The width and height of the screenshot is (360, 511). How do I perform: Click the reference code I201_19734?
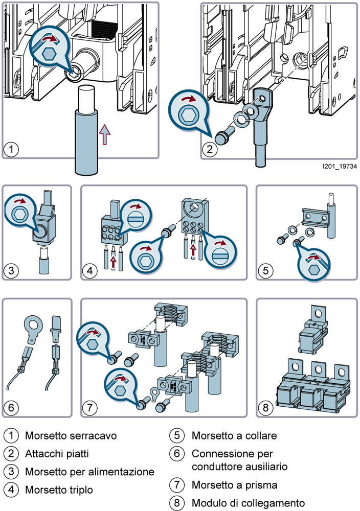coord(340,166)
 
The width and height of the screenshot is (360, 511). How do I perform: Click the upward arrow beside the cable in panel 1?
coord(105,134)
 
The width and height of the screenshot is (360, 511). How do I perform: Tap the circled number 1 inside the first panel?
coord(11,150)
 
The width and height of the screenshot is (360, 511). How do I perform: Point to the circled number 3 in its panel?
coord(11,270)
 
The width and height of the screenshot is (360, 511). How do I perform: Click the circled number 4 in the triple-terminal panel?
coord(89,270)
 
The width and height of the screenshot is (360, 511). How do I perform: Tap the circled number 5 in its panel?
coord(266,270)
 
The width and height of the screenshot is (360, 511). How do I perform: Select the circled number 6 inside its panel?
coord(11,407)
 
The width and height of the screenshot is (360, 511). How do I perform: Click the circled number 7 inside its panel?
coord(89,407)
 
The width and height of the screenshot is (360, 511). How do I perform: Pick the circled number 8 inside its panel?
coord(266,407)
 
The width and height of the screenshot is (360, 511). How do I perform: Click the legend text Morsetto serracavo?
coord(71,436)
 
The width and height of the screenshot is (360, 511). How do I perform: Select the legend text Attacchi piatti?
coord(57,454)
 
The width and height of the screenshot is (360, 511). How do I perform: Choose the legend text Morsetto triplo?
coord(59,490)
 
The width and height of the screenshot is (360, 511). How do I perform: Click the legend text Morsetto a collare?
coord(234,436)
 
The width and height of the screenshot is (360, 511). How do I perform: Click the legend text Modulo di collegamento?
coord(248,503)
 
